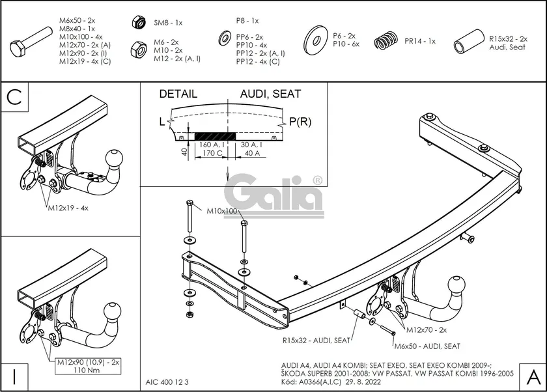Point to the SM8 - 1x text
click(x=168, y=23)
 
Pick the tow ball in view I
click(x=115, y=311)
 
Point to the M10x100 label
click(x=222, y=211)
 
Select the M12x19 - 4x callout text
click(x=68, y=209)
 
